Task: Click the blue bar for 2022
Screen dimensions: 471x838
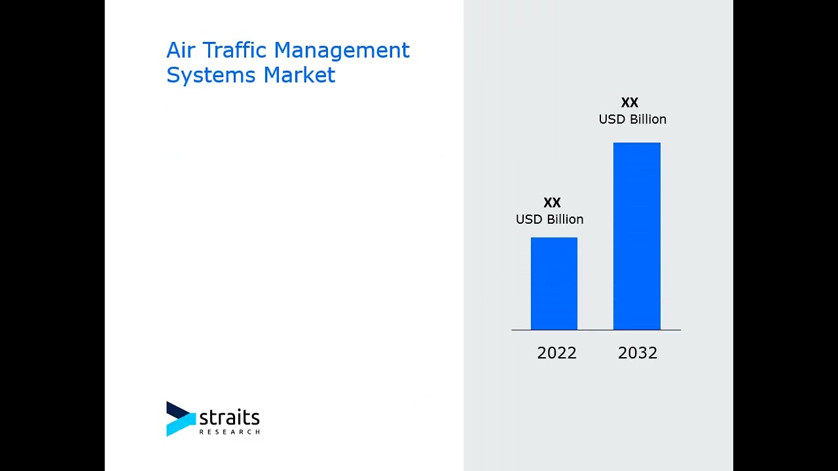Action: tap(554, 284)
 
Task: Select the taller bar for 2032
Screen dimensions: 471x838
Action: tap(636, 236)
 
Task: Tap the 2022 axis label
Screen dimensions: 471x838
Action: tap(556, 353)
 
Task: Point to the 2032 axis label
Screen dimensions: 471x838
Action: tap(637, 353)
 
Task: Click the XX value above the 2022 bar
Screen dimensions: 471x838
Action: tap(552, 203)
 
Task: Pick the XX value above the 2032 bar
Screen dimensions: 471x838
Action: tap(629, 103)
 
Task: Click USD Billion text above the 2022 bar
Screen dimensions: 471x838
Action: tap(549, 219)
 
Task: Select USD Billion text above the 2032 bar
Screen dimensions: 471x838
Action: tap(632, 119)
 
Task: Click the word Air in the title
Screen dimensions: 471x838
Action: tap(181, 50)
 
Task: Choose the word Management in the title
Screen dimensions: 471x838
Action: tap(341, 50)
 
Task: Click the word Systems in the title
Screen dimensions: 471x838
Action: tap(211, 75)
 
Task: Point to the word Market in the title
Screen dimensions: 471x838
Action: tap(299, 75)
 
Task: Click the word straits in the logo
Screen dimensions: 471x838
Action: tap(229, 417)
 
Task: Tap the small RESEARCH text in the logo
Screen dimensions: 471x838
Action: tap(229, 432)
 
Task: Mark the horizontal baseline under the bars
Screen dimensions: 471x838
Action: tap(596, 330)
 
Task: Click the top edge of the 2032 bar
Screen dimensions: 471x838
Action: tap(636, 143)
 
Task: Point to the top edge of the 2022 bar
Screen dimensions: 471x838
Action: tap(554, 238)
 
